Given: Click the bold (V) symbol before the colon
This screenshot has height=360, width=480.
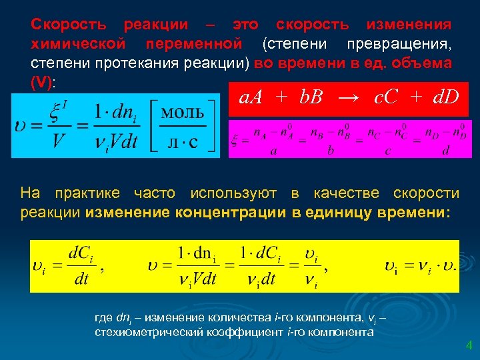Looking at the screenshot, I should (x=43, y=82).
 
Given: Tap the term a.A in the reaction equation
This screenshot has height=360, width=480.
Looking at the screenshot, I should (x=252, y=98).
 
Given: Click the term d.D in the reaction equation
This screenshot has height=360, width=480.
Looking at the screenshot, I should (x=445, y=98).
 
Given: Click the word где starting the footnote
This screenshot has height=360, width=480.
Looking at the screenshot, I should (x=105, y=317).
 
